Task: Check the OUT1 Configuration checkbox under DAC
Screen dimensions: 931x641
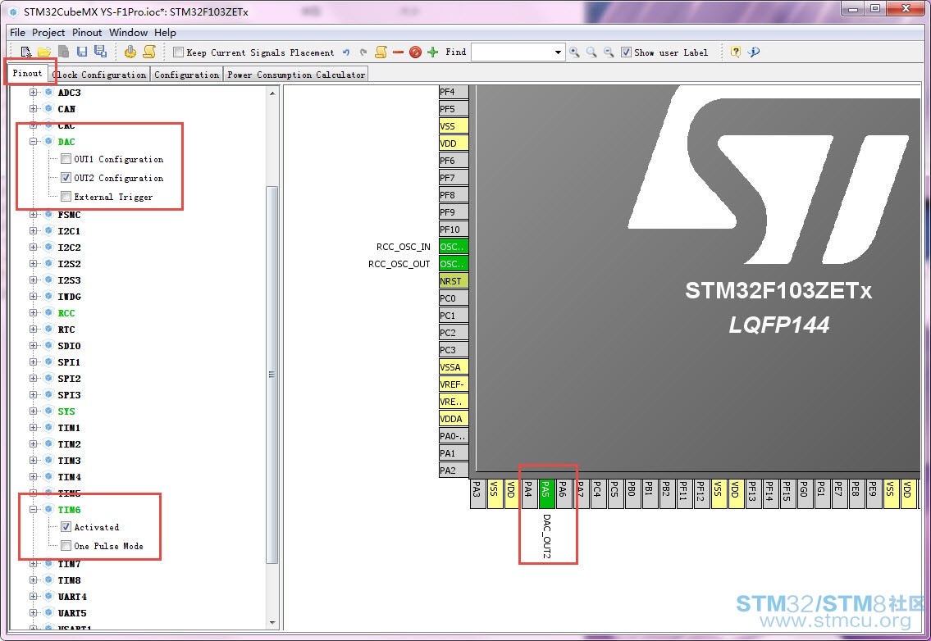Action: pyautogui.click(x=66, y=159)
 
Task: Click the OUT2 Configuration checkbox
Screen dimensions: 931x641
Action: pyautogui.click(x=66, y=177)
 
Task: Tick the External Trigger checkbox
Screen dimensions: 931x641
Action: pyautogui.click(x=66, y=197)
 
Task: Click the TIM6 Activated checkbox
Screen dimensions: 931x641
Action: pyautogui.click(x=66, y=526)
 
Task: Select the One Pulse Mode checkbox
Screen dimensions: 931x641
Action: pyautogui.click(x=66, y=545)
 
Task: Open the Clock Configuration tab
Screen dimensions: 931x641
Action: pyautogui.click(x=99, y=75)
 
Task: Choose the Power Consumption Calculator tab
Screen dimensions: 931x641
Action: pyautogui.click(x=295, y=75)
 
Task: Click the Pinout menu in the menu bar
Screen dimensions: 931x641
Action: pyautogui.click(x=87, y=33)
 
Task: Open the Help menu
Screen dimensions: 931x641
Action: pyautogui.click(x=165, y=33)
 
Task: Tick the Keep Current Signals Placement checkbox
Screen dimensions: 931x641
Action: pyautogui.click(x=178, y=52)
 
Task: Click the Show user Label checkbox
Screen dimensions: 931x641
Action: pyautogui.click(x=626, y=52)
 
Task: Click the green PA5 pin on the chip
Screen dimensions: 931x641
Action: pyautogui.click(x=546, y=493)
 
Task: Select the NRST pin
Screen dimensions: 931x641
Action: pyautogui.click(x=454, y=280)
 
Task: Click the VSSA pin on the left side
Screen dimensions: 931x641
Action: pyautogui.click(x=454, y=366)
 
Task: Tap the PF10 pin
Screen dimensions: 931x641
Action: pyautogui.click(x=454, y=229)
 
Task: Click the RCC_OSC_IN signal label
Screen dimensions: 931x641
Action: pyautogui.click(x=403, y=247)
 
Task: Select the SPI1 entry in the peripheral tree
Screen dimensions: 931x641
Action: pyautogui.click(x=69, y=362)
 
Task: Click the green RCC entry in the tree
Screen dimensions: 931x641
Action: pyautogui.click(x=66, y=313)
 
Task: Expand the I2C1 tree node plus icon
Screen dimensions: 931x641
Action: pyautogui.click(x=34, y=231)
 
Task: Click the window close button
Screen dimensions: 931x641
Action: pyautogui.click(x=906, y=8)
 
